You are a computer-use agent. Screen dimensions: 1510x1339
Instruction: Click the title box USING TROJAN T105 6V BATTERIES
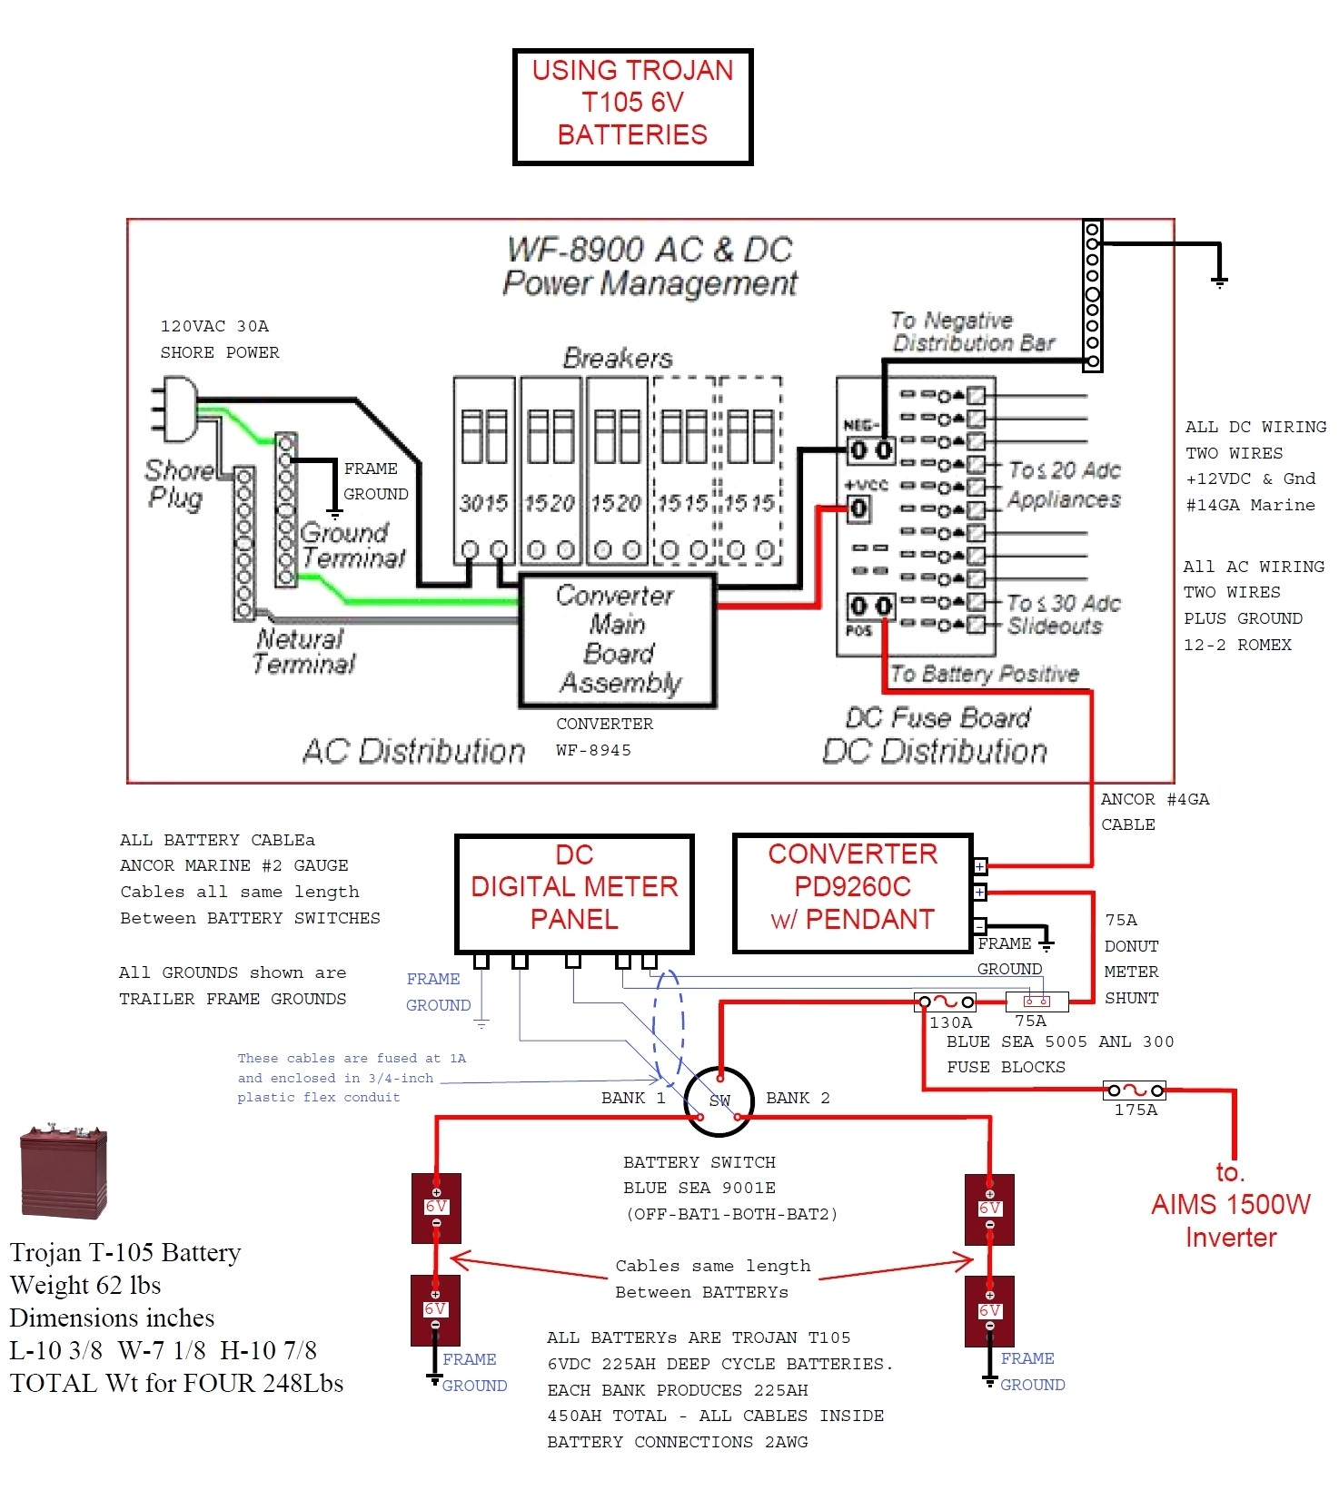pos(632,106)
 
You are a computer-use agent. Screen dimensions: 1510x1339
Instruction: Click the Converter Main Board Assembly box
pos(618,640)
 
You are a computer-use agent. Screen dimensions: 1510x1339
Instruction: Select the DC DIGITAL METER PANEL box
pos(574,893)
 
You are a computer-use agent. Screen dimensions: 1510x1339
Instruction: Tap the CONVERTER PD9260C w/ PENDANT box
pos(852,893)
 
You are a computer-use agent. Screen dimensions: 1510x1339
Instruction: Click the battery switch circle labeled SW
pos(719,1100)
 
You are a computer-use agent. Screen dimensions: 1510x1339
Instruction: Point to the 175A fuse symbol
pos(1135,1090)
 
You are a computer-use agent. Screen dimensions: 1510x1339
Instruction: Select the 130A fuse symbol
pos(945,1002)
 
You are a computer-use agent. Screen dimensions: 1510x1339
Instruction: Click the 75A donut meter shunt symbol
pos(1036,1002)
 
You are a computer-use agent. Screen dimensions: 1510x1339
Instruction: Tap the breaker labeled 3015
pos(484,472)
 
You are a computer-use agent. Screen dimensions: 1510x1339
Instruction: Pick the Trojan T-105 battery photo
pos(64,1172)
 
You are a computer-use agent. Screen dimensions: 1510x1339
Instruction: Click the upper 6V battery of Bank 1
pos(436,1208)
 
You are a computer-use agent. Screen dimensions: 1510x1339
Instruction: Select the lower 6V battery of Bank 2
pos(989,1311)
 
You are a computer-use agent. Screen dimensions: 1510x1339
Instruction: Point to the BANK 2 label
pos(797,1098)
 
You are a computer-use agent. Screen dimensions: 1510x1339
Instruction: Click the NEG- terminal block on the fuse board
pos(870,449)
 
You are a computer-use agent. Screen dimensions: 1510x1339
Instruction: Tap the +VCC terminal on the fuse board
pos(858,508)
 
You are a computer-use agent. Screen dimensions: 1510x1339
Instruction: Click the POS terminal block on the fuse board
pos(870,606)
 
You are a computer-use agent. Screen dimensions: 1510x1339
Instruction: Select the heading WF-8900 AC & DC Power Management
pos(650,266)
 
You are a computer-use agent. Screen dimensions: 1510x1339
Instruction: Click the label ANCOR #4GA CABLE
pos(1153,812)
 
